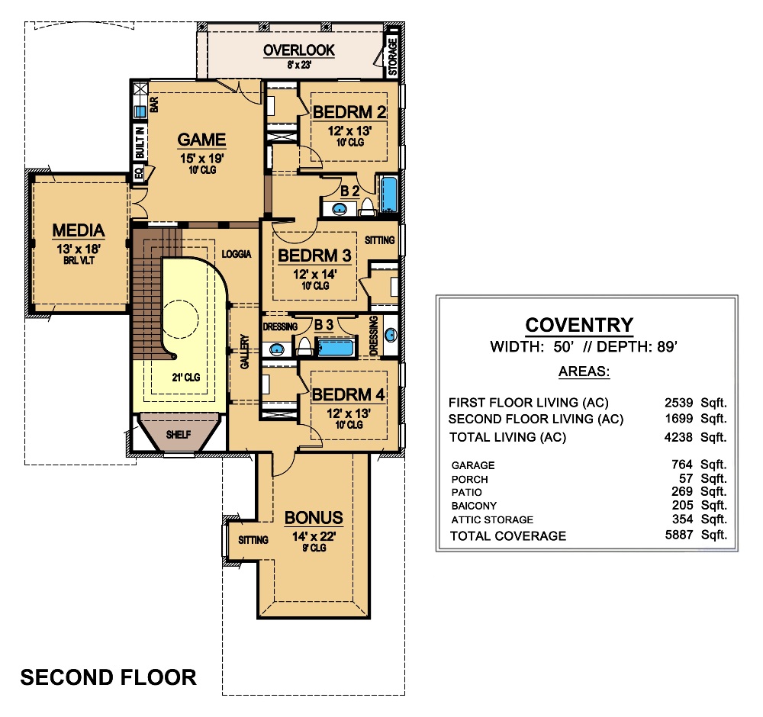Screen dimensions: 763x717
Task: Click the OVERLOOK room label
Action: [x=299, y=50]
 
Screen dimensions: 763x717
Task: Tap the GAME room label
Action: [x=201, y=140]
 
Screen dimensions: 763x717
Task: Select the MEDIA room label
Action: [x=79, y=230]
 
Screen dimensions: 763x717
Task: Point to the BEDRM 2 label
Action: [x=349, y=112]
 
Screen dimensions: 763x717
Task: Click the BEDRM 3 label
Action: [x=314, y=255]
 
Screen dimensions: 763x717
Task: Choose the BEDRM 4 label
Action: [x=349, y=394]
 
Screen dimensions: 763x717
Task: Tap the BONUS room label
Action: [x=314, y=518]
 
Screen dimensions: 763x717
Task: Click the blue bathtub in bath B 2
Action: [x=389, y=195]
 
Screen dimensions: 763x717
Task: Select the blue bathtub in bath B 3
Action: [x=336, y=349]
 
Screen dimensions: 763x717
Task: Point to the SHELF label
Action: [x=178, y=434]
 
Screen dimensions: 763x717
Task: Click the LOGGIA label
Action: [x=237, y=254]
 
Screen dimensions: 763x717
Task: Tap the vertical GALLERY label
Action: [x=245, y=351]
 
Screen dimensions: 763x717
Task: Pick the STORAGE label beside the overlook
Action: [x=393, y=56]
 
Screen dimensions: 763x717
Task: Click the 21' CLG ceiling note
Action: [x=186, y=377]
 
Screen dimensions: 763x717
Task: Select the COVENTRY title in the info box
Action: [x=579, y=325]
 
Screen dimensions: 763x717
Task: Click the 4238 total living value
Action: [x=678, y=437]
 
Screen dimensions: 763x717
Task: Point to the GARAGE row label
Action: [x=473, y=465]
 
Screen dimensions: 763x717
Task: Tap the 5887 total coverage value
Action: [x=679, y=535]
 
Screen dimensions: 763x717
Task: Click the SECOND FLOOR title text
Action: [x=108, y=677]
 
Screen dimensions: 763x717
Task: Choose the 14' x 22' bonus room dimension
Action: [x=314, y=536]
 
